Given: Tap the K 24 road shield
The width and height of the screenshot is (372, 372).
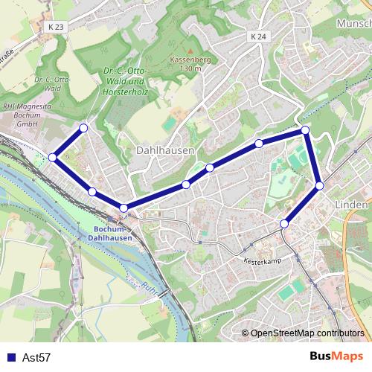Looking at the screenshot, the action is pos(258,36).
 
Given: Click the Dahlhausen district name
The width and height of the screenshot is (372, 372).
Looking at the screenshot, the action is pos(165,150).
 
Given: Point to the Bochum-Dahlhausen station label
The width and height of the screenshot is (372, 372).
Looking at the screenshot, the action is pos(114,234).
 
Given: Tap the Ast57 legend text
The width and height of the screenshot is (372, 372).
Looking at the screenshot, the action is pos(36,358).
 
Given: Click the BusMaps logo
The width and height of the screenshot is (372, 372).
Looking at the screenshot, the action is pos(336,357).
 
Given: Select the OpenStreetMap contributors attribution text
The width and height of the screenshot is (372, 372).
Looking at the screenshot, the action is pos(307,333).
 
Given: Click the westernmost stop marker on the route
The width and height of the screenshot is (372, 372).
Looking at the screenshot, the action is pos(53,157).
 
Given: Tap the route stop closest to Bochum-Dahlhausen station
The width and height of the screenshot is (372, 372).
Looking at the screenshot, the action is pos(124,208).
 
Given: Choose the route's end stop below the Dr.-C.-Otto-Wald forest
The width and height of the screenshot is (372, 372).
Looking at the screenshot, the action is pos(83,129).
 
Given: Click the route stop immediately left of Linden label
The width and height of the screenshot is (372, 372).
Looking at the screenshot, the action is pos(319,185).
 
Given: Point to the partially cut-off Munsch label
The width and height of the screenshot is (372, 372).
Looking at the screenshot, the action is pos(353,24).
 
